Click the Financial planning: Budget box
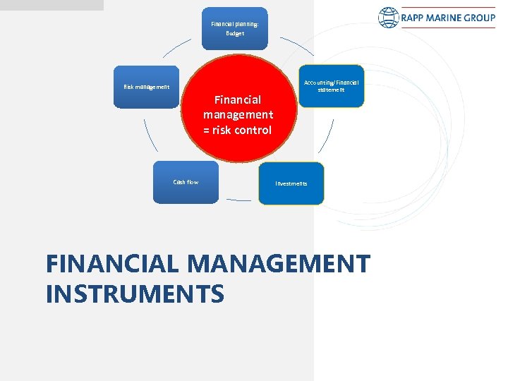(x=235, y=29)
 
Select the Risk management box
(x=147, y=87)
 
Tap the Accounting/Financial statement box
(x=332, y=86)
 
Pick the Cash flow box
(x=186, y=183)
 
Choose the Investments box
(x=291, y=183)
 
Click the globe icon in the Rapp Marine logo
(x=388, y=18)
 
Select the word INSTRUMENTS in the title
(x=135, y=294)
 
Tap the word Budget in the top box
(x=235, y=34)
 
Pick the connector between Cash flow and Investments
(x=238, y=200)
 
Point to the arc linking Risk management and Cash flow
(x=147, y=135)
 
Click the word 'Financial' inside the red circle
(x=238, y=99)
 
